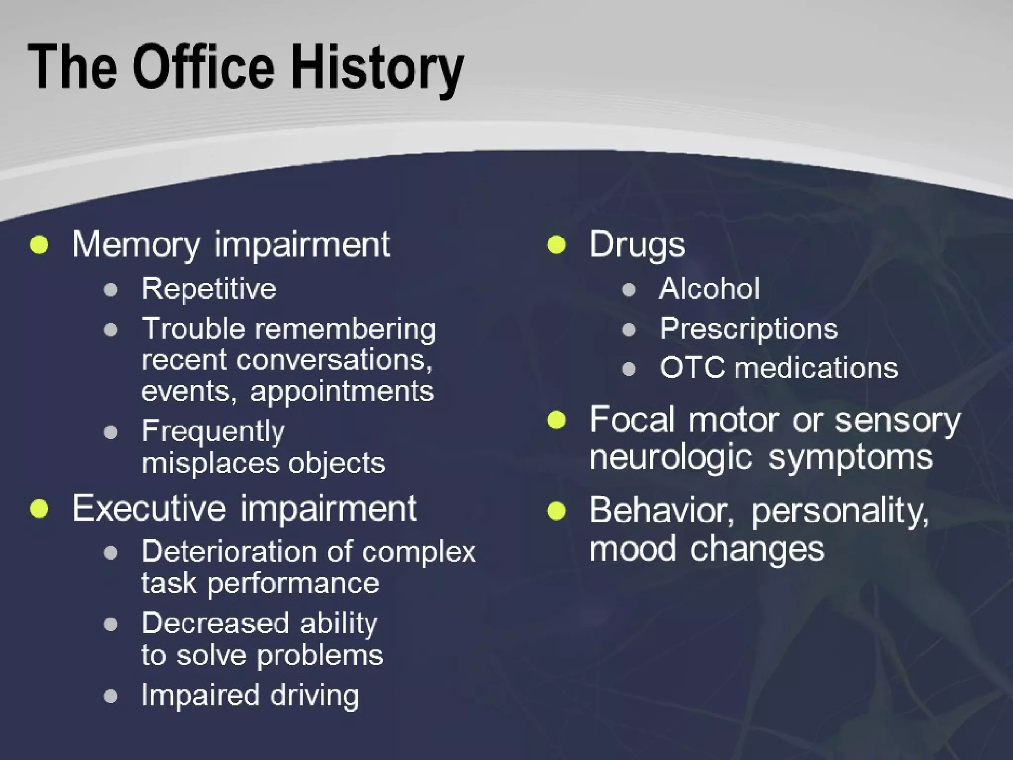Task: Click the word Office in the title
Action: pos(203,67)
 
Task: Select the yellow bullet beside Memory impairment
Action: pos(39,244)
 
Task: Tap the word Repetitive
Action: pos(209,288)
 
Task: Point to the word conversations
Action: pos(334,359)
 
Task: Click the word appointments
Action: pos(342,391)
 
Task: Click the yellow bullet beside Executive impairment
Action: pos(39,509)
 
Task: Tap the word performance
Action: pos(293,583)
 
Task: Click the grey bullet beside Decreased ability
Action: pos(111,624)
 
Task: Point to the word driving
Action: pos(314,695)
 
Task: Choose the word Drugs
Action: pos(637,244)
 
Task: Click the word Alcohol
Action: pos(709,288)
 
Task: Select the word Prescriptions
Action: pos(749,329)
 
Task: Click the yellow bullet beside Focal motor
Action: pos(556,421)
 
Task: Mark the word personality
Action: pos(840,511)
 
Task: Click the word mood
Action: pos(632,549)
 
